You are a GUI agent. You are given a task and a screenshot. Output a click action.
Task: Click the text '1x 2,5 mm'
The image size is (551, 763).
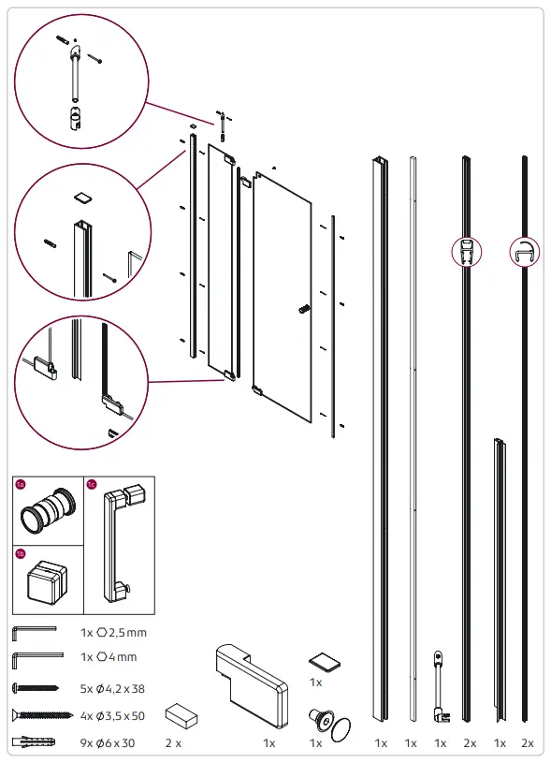113,633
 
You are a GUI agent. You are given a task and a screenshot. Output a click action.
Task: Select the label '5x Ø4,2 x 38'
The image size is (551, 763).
113,688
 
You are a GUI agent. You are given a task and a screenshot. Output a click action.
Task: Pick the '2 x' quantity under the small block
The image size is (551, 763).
173,742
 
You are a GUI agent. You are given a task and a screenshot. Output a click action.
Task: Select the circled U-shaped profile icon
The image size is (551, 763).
525,252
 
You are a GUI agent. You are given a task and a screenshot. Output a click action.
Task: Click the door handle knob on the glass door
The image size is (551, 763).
303,307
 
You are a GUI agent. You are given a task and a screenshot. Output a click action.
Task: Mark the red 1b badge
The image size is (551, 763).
22,554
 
